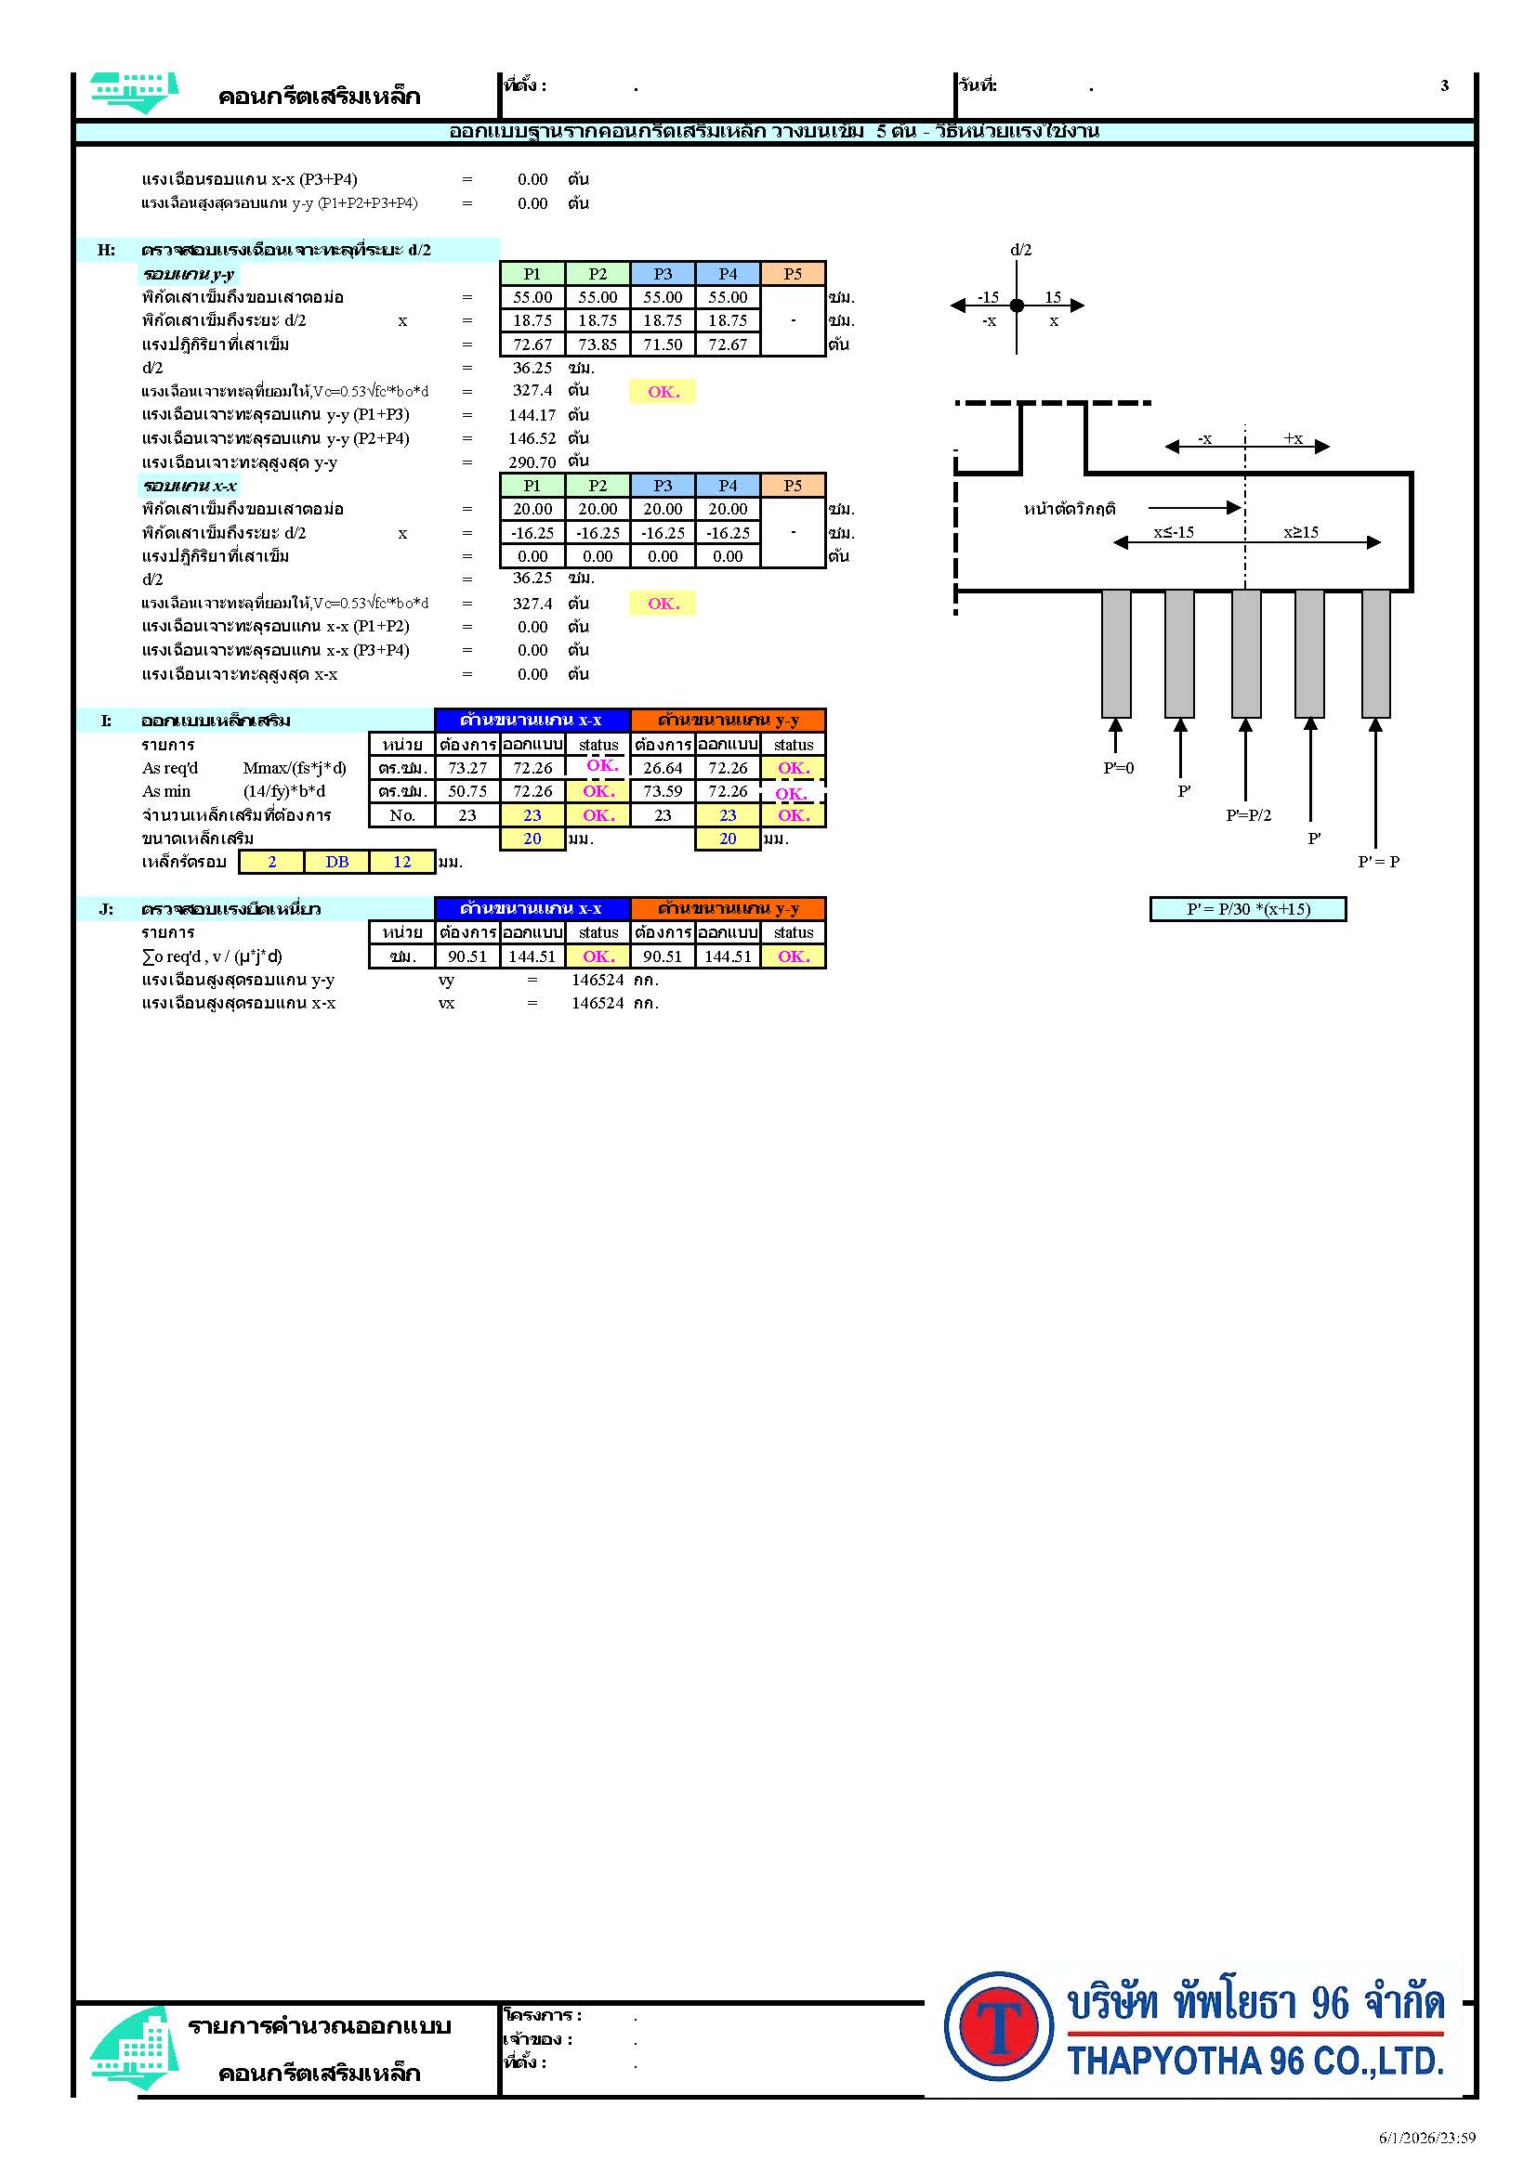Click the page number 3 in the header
click(x=1444, y=85)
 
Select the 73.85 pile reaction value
click(x=598, y=345)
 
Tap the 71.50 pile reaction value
click(x=663, y=345)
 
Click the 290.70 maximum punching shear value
click(x=532, y=462)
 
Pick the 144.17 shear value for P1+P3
click(x=532, y=414)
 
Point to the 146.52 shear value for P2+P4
click(x=532, y=438)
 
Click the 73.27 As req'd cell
click(x=467, y=768)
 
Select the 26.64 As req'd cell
click(x=663, y=768)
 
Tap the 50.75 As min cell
click(x=467, y=791)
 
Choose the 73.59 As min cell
click(x=663, y=791)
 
